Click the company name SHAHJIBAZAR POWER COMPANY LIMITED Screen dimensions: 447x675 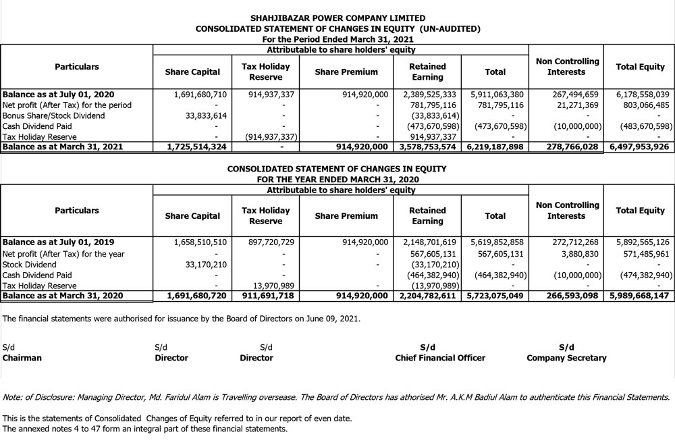(x=337, y=18)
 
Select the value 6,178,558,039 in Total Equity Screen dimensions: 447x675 (x=643, y=95)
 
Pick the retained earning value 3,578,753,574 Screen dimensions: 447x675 (x=427, y=147)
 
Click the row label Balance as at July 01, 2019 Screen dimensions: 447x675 (x=59, y=242)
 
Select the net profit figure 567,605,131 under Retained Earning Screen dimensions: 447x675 (x=431, y=253)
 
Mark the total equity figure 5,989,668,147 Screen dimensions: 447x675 (x=639, y=296)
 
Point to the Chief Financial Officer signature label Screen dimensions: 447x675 (x=440, y=358)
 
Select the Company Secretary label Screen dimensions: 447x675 (x=566, y=358)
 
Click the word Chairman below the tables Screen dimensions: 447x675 (x=22, y=358)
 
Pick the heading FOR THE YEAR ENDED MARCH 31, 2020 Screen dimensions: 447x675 (x=337, y=180)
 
